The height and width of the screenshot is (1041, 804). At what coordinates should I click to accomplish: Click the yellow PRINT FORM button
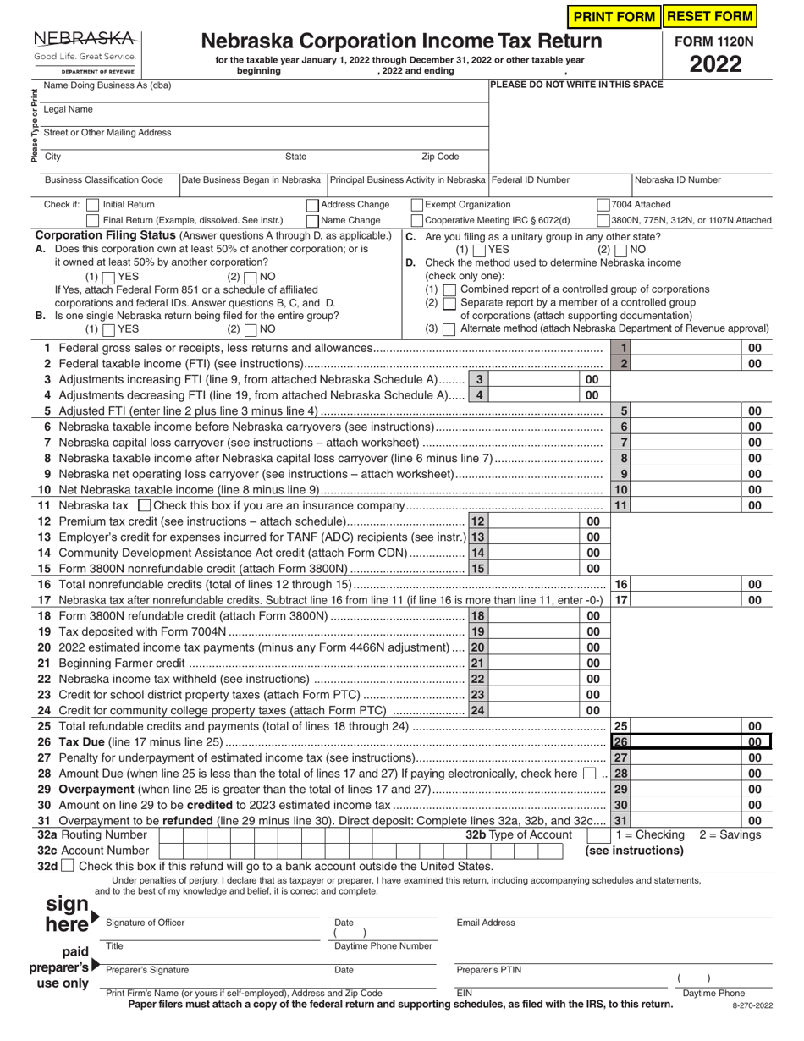coord(614,16)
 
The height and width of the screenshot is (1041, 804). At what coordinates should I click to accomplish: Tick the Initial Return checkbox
coord(92,205)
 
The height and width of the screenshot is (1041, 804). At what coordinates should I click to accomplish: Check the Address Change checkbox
coord(312,205)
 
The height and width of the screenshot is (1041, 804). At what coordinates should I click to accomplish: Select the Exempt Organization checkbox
coord(416,205)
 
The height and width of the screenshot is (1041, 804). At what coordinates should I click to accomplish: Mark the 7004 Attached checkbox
coord(603,205)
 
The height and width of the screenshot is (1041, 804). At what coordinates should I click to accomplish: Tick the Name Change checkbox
coord(312,220)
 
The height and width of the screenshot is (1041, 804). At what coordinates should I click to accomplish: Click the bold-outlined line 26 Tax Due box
coord(690,742)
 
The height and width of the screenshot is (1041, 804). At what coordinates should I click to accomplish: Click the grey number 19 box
coord(478,631)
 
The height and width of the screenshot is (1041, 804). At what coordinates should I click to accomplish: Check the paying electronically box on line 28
coord(589,774)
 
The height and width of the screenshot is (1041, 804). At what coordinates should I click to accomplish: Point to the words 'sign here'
coord(68,914)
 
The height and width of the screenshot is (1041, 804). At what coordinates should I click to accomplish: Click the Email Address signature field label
coord(485,923)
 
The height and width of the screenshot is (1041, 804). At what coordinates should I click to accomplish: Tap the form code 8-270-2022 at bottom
coord(752,1005)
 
